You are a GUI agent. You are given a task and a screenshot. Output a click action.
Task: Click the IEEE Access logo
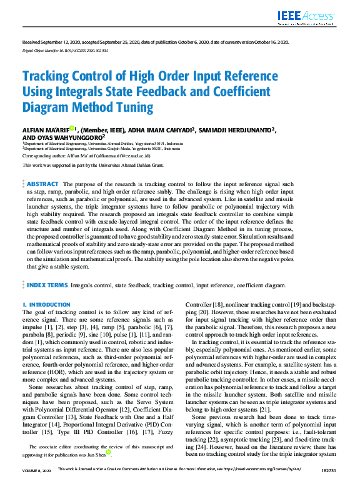306,17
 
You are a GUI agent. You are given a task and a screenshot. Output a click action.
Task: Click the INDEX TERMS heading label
46,285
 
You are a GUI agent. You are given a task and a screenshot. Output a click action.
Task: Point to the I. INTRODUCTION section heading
46,304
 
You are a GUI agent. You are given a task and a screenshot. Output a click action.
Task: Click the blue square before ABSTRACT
24,185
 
